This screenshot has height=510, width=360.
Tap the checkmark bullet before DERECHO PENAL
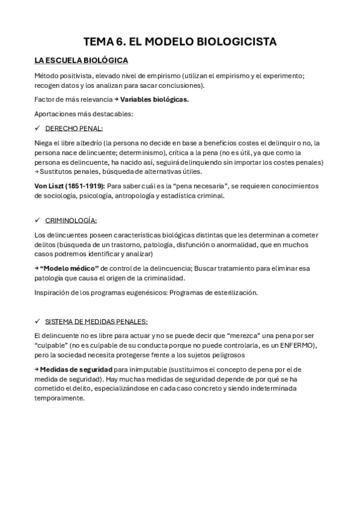click(37, 128)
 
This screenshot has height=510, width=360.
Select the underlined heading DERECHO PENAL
click(74, 128)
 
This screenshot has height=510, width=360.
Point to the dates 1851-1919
click(85, 186)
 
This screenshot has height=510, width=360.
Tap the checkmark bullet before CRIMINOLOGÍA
click(37, 220)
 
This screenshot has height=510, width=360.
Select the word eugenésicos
click(156, 292)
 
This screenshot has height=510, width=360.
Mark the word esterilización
click(233, 292)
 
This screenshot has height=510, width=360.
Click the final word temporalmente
click(59, 398)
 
